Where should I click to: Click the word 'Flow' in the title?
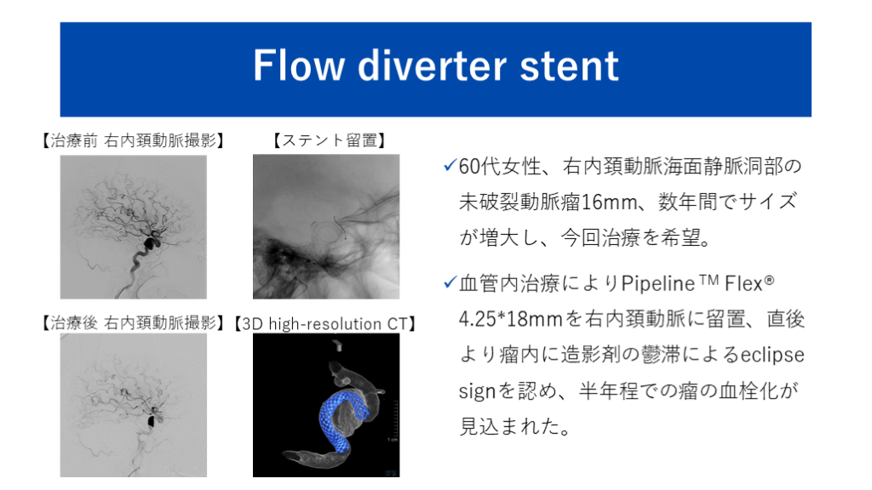pos(298,66)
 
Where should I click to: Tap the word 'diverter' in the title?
pos(432,66)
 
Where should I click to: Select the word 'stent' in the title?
pos(569,66)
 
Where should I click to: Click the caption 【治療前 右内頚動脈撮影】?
pos(134,140)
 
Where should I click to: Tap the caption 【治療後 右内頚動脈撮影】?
pos(134,322)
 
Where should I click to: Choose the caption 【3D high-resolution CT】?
pos(325,323)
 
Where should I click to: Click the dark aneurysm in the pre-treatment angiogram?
pos(151,242)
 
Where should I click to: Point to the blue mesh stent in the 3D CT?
pos(339,417)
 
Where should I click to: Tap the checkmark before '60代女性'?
pos(450,165)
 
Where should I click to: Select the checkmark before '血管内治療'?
pos(450,282)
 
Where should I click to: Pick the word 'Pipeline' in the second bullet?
pos(658,284)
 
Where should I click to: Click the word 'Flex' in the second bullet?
pos(743,284)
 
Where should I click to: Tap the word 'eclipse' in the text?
pos(772,355)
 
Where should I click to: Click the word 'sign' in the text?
pos(477,391)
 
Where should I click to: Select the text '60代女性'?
pos(500,166)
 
